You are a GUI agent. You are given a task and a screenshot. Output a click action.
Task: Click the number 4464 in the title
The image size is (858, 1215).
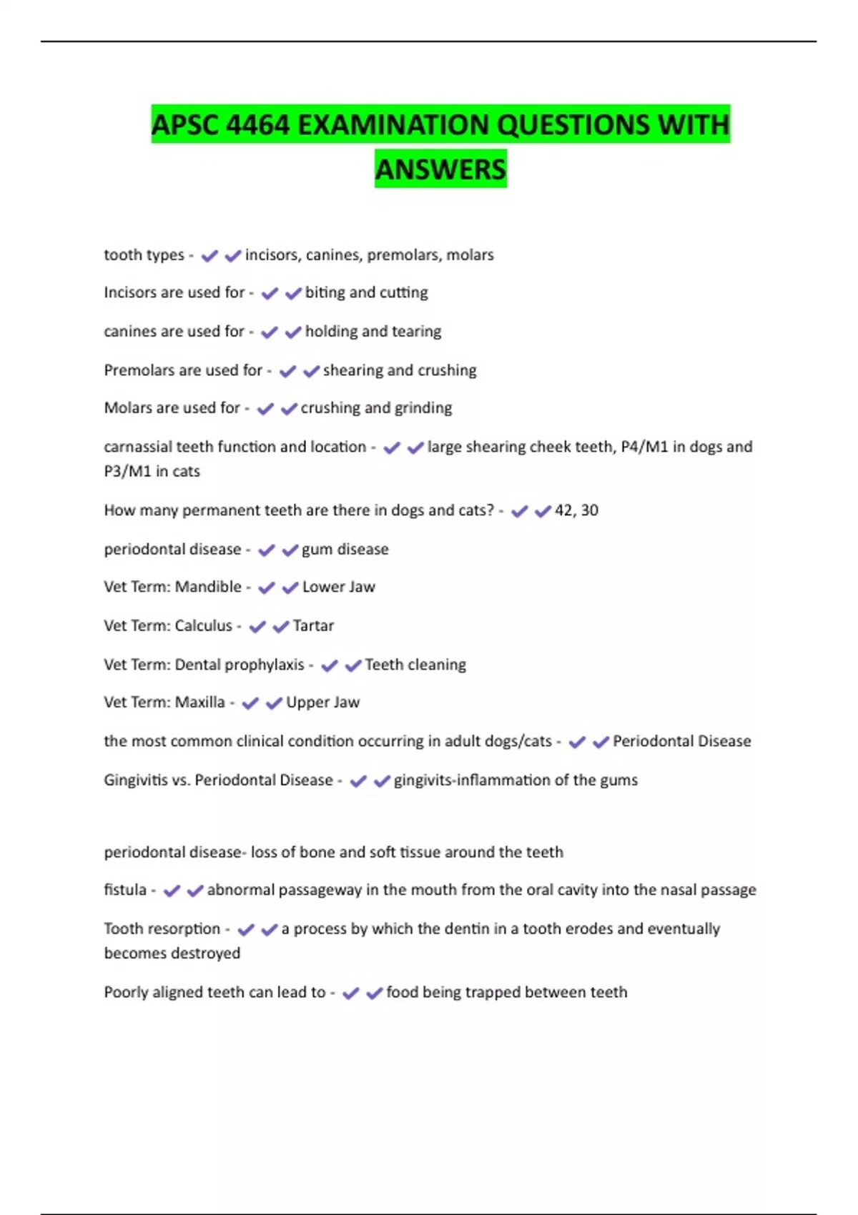(x=257, y=125)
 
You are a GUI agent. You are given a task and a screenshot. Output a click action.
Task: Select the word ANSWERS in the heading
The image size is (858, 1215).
(x=440, y=169)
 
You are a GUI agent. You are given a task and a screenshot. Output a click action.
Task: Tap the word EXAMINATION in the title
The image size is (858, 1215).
(x=393, y=125)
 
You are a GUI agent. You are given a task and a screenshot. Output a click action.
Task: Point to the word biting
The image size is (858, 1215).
(x=325, y=292)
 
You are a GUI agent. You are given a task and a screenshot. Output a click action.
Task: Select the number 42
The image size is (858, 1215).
(x=563, y=510)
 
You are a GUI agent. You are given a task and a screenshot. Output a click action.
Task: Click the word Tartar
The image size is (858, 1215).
(x=313, y=626)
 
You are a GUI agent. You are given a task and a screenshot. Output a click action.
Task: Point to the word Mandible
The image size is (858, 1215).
(x=208, y=587)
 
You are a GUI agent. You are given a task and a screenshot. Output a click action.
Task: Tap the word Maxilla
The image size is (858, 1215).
(x=199, y=703)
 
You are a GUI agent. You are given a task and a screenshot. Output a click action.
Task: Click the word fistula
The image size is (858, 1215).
(x=125, y=890)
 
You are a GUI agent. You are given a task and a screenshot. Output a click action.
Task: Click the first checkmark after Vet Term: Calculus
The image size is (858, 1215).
(x=257, y=627)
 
